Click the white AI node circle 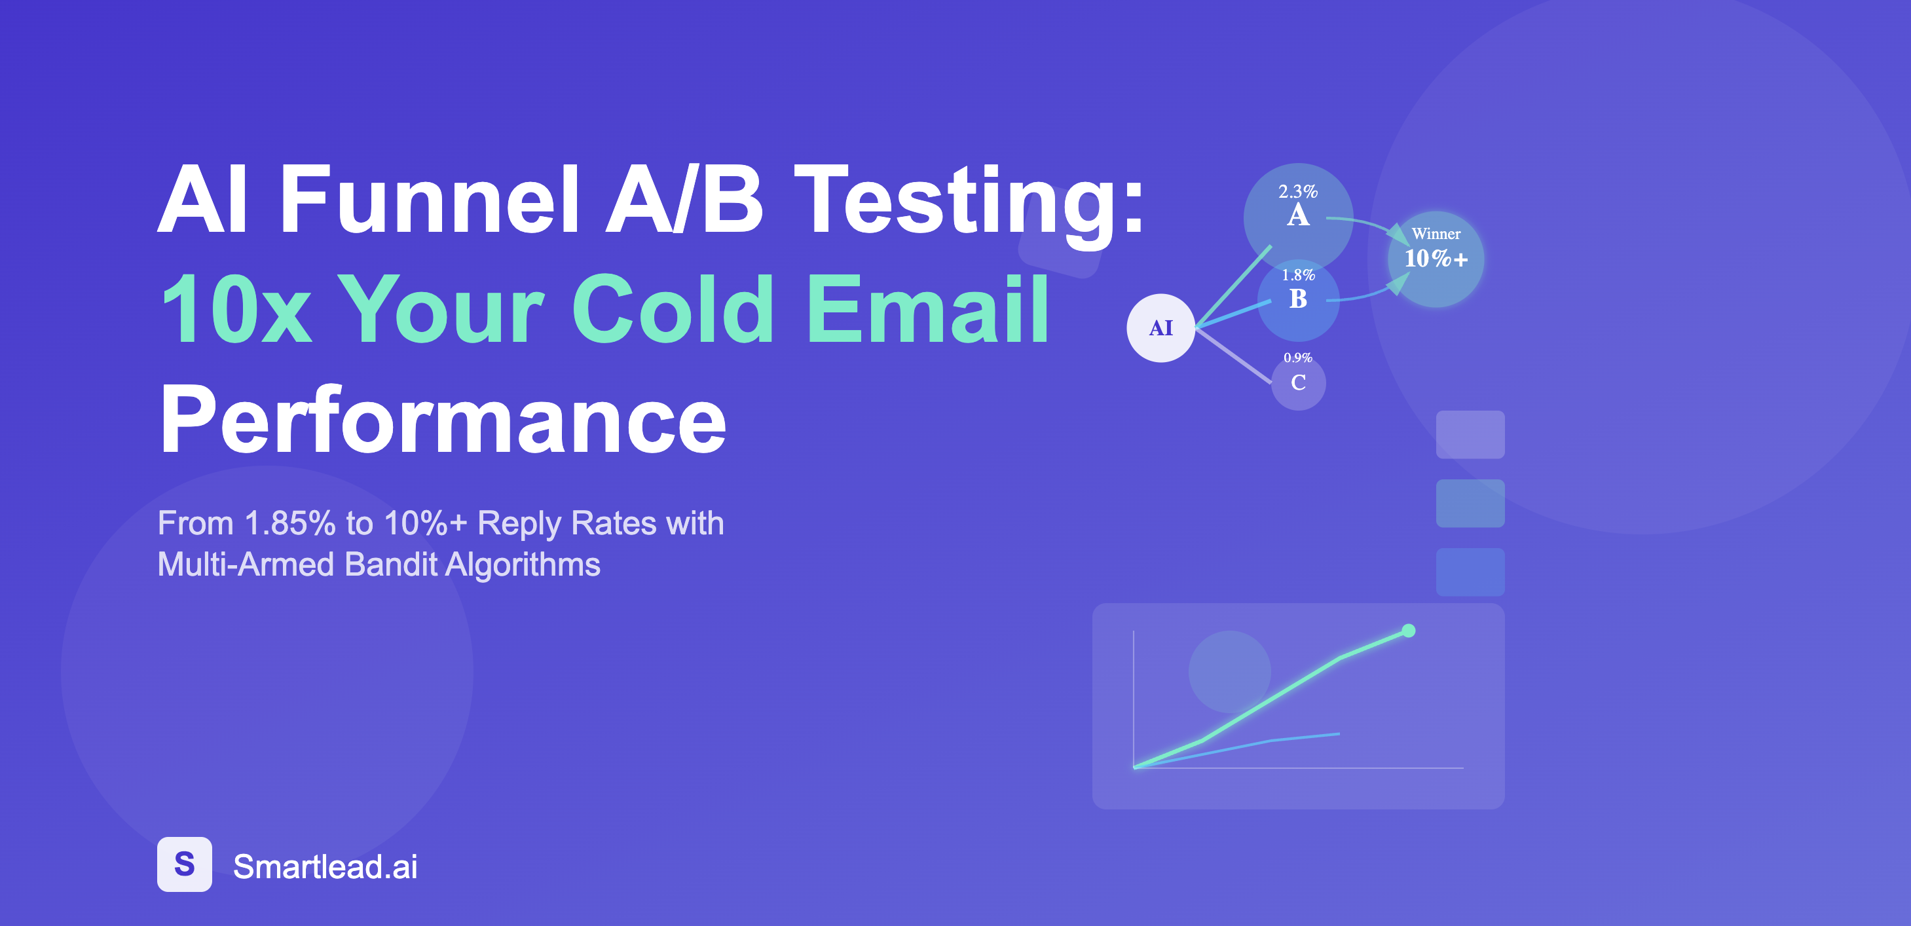click(1160, 328)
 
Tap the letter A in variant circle click(1297, 215)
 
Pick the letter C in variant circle click(1298, 382)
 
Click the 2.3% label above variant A click(1297, 191)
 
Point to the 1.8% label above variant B click(1298, 274)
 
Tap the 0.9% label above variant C click(1298, 358)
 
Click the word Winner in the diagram click(1436, 234)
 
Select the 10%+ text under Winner click(1436, 258)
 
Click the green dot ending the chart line click(1408, 631)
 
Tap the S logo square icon click(184, 864)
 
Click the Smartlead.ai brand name click(325, 866)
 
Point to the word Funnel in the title click(428, 199)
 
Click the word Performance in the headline click(443, 419)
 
